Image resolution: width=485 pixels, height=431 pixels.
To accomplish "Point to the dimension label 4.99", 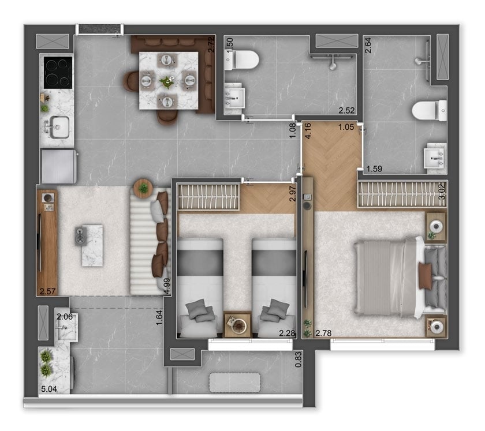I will pyautogui.click(x=167, y=286).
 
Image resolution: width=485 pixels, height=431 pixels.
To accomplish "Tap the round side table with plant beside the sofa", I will pyautogui.click(x=143, y=188).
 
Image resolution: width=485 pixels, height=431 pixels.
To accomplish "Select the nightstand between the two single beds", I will pyautogui.click(x=237, y=325).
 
